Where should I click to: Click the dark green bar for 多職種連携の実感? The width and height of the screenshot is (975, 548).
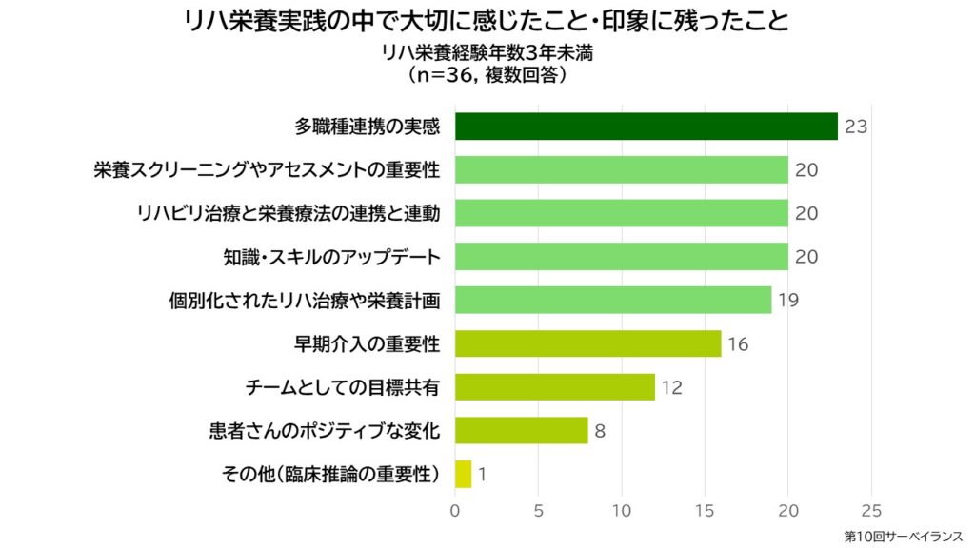pos(646,127)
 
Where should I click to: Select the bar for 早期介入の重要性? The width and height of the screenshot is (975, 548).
pos(587,343)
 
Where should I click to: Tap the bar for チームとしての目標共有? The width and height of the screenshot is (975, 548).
pos(554,387)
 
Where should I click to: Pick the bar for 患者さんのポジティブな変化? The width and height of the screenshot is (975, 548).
pos(521,430)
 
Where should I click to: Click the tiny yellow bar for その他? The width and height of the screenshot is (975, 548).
pos(463,474)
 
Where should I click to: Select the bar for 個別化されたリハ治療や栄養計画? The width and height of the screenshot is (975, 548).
pos(612,300)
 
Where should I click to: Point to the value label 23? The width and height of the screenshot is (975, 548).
pos(855,127)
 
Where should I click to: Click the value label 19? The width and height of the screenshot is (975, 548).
pos(787,301)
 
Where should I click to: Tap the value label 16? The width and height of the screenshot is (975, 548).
pos(738,344)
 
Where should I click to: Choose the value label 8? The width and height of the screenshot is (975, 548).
pos(600,431)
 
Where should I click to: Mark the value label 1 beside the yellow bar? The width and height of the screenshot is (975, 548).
pos(482,474)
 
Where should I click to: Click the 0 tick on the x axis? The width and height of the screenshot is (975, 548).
pos(455,509)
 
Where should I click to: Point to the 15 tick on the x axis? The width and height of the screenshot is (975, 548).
pos(705,509)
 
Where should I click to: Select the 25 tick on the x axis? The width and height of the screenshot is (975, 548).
pos(871,509)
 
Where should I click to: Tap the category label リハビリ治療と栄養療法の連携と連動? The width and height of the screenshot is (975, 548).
pos(289,213)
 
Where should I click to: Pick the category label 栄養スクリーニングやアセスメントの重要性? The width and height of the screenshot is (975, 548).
pos(267,170)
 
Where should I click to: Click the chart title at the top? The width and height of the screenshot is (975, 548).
pos(487,20)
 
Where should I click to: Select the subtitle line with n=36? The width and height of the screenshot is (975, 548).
pos(487,73)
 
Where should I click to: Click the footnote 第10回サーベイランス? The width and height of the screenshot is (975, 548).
pos(903,537)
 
